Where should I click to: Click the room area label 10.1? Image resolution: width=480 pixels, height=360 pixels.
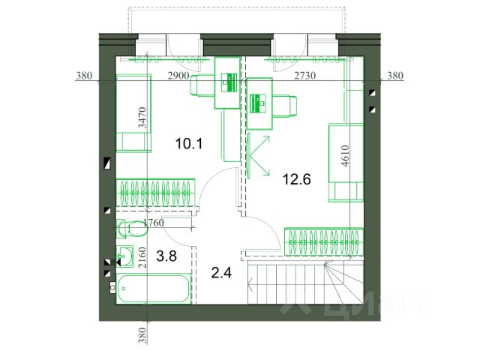click(189, 143)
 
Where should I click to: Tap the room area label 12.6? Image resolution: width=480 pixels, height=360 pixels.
click(297, 179)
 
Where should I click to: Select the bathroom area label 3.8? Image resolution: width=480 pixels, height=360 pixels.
click(166, 256)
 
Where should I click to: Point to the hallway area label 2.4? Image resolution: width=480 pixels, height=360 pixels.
click(221, 273)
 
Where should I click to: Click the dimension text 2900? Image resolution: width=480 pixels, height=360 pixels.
click(178, 76)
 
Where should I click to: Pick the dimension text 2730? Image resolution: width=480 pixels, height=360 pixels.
click(305, 76)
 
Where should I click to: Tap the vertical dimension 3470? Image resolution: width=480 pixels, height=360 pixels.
click(142, 118)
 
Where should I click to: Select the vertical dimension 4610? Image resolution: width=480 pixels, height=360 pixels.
click(345, 155)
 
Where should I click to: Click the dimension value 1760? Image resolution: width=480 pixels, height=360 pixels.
click(154, 223)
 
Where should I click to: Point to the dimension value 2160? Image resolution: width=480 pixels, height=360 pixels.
click(142, 258)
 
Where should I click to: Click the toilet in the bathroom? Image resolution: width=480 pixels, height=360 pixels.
click(132, 228)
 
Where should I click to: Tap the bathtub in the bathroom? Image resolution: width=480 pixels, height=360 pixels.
click(153, 289)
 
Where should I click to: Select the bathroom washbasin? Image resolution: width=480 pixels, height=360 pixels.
click(124, 256)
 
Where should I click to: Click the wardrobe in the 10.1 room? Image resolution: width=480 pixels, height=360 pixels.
click(155, 193)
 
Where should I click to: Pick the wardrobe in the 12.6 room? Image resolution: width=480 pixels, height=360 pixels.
click(323, 241)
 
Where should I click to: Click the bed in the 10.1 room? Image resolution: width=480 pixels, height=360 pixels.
click(133, 113)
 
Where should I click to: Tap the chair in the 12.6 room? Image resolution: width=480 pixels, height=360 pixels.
click(285, 106)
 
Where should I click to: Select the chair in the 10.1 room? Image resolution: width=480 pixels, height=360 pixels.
click(202, 85)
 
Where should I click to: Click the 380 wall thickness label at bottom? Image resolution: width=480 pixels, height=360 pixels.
click(142, 335)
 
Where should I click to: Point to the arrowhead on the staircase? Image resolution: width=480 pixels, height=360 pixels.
click(250, 284)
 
